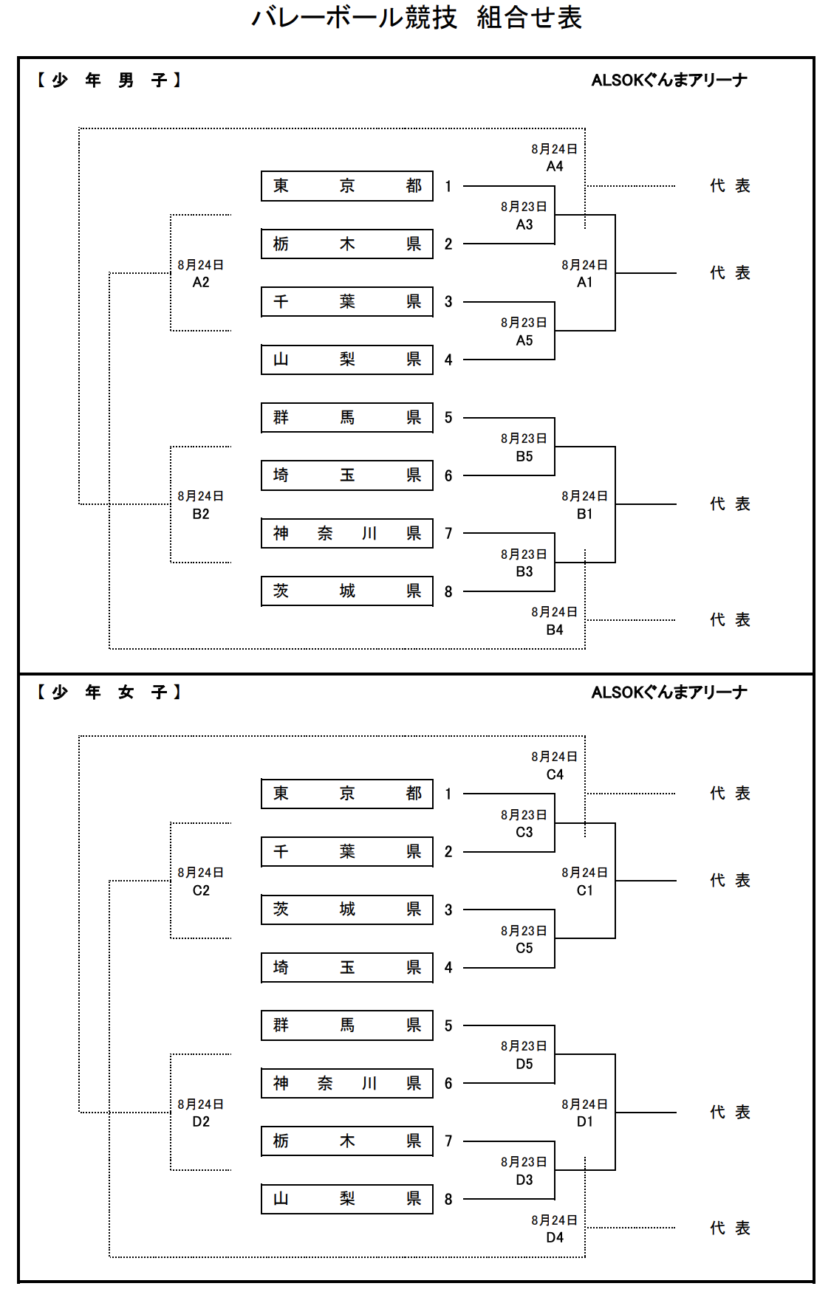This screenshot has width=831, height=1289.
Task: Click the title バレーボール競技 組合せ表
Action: click(416, 18)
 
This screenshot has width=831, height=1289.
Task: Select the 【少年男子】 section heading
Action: click(109, 80)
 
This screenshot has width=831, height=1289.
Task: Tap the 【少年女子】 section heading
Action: click(109, 692)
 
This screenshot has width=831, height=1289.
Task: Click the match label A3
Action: click(524, 224)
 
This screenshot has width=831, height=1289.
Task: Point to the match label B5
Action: click(524, 456)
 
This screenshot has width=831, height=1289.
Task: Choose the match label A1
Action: click(584, 282)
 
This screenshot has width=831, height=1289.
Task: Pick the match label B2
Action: click(200, 514)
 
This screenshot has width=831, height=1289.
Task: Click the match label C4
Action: click(554, 774)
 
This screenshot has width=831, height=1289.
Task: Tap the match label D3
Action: click(524, 1180)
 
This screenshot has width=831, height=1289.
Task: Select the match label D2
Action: click(200, 1121)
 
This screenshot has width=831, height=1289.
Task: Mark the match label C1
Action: click(584, 890)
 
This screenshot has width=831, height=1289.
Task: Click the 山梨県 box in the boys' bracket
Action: click(346, 360)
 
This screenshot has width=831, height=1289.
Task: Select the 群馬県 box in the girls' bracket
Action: click(346, 1025)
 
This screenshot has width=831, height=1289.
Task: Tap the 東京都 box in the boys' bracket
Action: click(346, 186)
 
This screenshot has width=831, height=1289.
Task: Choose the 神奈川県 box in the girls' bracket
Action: click(346, 1083)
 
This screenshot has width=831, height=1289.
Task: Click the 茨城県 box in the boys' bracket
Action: click(346, 591)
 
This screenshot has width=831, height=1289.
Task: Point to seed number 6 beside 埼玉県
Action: click(448, 475)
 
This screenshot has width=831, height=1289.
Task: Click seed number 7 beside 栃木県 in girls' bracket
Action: click(448, 1141)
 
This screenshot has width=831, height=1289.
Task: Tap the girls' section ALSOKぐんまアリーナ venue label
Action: click(669, 692)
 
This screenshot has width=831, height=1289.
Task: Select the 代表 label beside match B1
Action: click(730, 504)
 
